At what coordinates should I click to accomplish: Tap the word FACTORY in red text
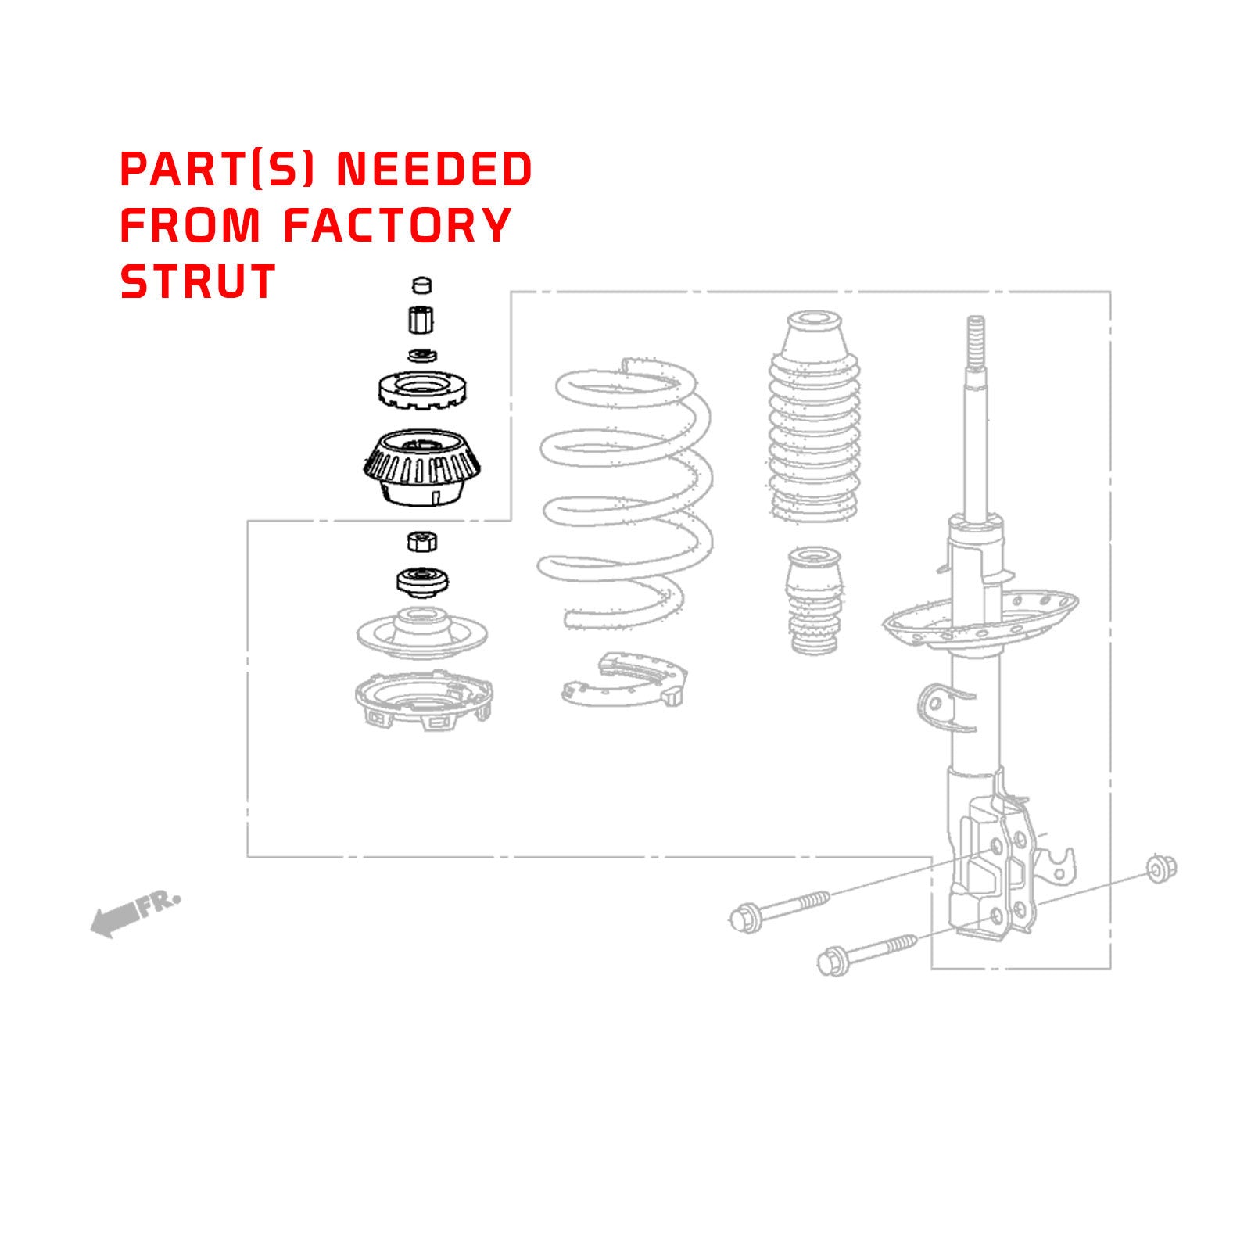pos(397,225)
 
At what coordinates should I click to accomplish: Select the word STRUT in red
pos(198,281)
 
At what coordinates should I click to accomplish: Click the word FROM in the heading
pos(190,225)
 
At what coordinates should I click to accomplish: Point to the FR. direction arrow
pos(133,913)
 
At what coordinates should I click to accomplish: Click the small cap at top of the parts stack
pos(421,284)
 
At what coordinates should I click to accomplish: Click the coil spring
pos(625,493)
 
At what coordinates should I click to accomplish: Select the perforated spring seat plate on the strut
pos(981,618)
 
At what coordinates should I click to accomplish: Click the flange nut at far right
pos(1161,868)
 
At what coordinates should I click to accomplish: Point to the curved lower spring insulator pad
pos(625,679)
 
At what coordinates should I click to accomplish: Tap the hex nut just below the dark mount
pos(422,540)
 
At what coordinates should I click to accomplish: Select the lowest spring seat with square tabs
pos(423,700)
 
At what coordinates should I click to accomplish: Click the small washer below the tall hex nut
pos(422,356)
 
